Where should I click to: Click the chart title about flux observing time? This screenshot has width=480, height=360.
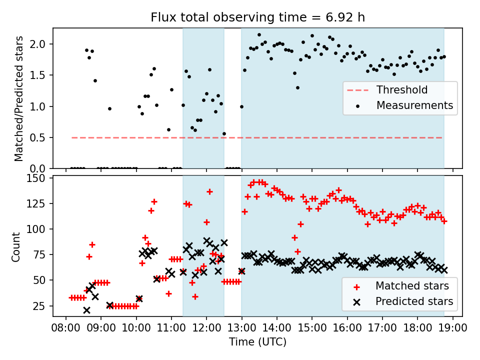tap(257, 17)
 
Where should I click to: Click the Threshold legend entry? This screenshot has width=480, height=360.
tap(401, 90)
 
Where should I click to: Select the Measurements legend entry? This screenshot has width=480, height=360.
tap(414, 105)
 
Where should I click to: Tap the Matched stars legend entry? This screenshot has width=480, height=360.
tap(412, 286)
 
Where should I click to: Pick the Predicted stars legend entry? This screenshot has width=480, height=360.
tap(414, 301)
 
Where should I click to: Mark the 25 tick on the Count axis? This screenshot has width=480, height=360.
tap(41, 306)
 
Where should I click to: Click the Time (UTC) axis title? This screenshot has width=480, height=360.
tap(257, 342)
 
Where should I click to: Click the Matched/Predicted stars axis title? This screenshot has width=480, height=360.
tap(19, 98)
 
